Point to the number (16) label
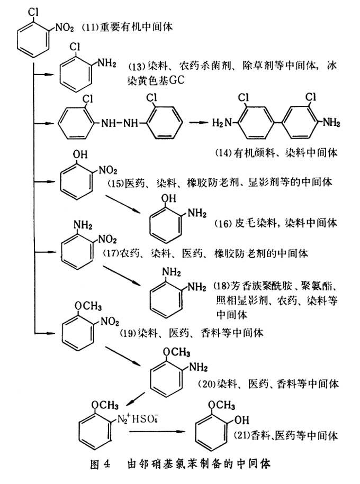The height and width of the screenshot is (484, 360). (x=225, y=223)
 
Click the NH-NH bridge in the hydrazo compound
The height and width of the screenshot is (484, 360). (x=120, y=123)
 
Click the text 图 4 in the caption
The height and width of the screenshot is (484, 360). (x=99, y=465)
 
